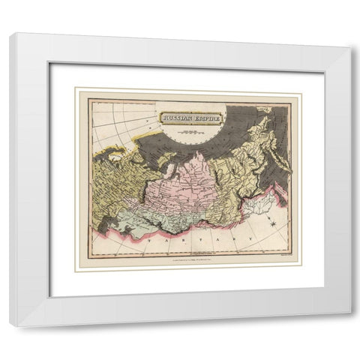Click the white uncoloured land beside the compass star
tap(255, 206)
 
